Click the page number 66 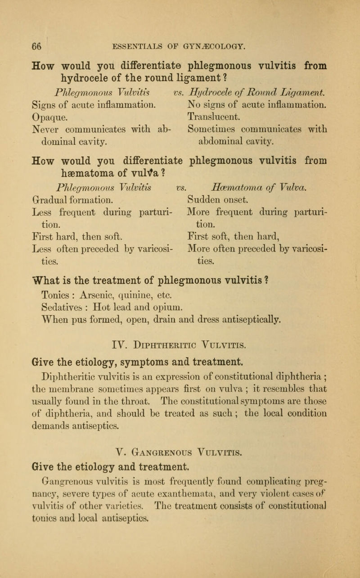tap(36, 45)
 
